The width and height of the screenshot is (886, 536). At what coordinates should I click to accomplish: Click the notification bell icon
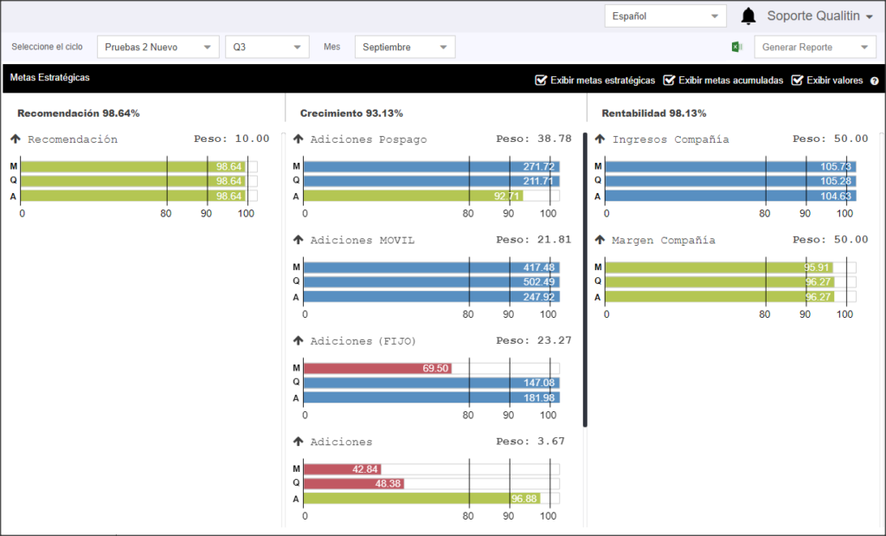coord(748,16)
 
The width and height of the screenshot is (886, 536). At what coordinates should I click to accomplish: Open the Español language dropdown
coord(665,16)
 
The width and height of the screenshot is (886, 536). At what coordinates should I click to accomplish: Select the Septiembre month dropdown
coord(405,47)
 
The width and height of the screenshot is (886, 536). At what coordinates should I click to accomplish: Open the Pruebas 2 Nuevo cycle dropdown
coord(157,47)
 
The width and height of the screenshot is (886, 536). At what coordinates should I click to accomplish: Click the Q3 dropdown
coord(266,47)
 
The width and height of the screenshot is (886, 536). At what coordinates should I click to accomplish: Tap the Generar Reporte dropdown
coord(815,47)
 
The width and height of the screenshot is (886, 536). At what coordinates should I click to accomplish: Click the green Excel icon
coord(736,47)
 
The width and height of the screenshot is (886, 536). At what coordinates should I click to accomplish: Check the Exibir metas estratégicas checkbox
coord(541,80)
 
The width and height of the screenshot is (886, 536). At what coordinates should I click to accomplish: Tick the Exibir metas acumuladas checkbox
coord(669,80)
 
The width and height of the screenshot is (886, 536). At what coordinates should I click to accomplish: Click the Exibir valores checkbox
coord(797,80)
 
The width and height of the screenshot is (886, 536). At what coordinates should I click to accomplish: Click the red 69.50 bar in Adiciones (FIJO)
coord(377,369)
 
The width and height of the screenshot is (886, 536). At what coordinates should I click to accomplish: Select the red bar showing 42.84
coord(343,469)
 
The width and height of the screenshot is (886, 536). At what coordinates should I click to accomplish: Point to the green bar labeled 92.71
coord(414,197)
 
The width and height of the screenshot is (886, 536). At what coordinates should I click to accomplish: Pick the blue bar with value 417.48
coord(432,268)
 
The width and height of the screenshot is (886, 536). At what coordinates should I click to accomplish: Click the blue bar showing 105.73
coord(730,167)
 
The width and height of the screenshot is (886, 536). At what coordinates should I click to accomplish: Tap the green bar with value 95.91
coord(719,268)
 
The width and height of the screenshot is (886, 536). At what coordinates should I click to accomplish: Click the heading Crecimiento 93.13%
coord(351,113)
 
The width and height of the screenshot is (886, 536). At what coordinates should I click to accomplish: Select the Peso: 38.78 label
coord(534,139)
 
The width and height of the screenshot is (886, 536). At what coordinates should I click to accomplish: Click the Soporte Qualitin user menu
coord(820,16)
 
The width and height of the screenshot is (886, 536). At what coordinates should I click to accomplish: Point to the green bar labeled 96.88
coord(421,499)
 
